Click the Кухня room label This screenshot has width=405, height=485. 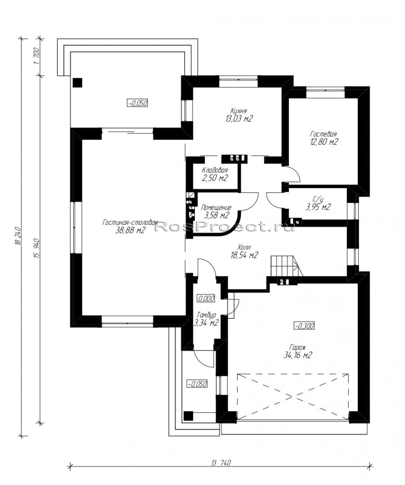pyautogui.click(x=238, y=111)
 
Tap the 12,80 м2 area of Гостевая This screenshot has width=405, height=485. pyautogui.click(x=323, y=142)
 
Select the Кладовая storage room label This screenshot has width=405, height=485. pyautogui.click(x=215, y=170)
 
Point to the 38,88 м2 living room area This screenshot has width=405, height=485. pyautogui.click(x=130, y=230)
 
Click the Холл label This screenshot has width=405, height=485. pyautogui.click(x=244, y=247)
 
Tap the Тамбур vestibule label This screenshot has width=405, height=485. pyautogui.click(x=206, y=315)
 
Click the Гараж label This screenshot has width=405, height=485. pyautogui.click(x=297, y=347)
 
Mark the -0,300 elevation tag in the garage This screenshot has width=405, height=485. pyautogui.click(x=304, y=325)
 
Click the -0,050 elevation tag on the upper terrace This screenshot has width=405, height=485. pyautogui.click(x=138, y=103)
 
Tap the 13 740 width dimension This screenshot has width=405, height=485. pyautogui.click(x=221, y=463)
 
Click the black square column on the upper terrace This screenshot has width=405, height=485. pyautogui.click(x=77, y=82)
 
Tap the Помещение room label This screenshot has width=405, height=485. pyautogui.click(x=216, y=207)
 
